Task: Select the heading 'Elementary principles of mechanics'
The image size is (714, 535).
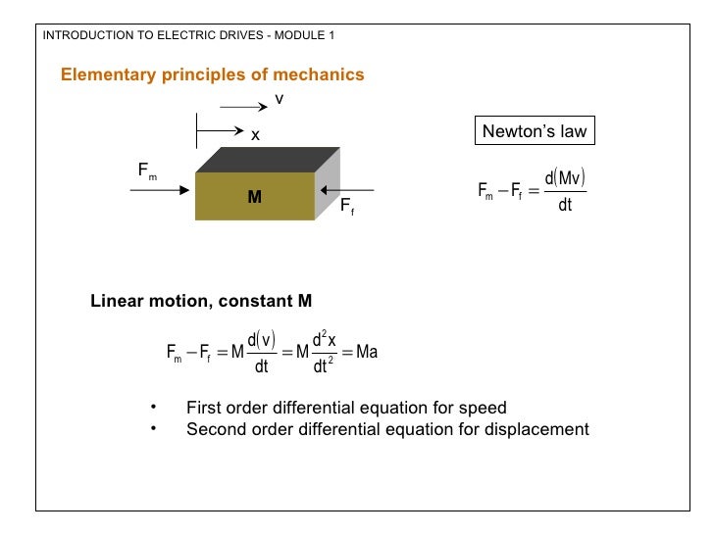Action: click(213, 74)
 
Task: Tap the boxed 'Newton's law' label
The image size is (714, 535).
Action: click(535, 132)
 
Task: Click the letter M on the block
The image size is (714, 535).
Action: click(254, 197)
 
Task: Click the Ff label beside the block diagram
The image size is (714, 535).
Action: click(346, 208)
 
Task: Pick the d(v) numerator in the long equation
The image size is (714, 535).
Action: click(261, 340)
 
